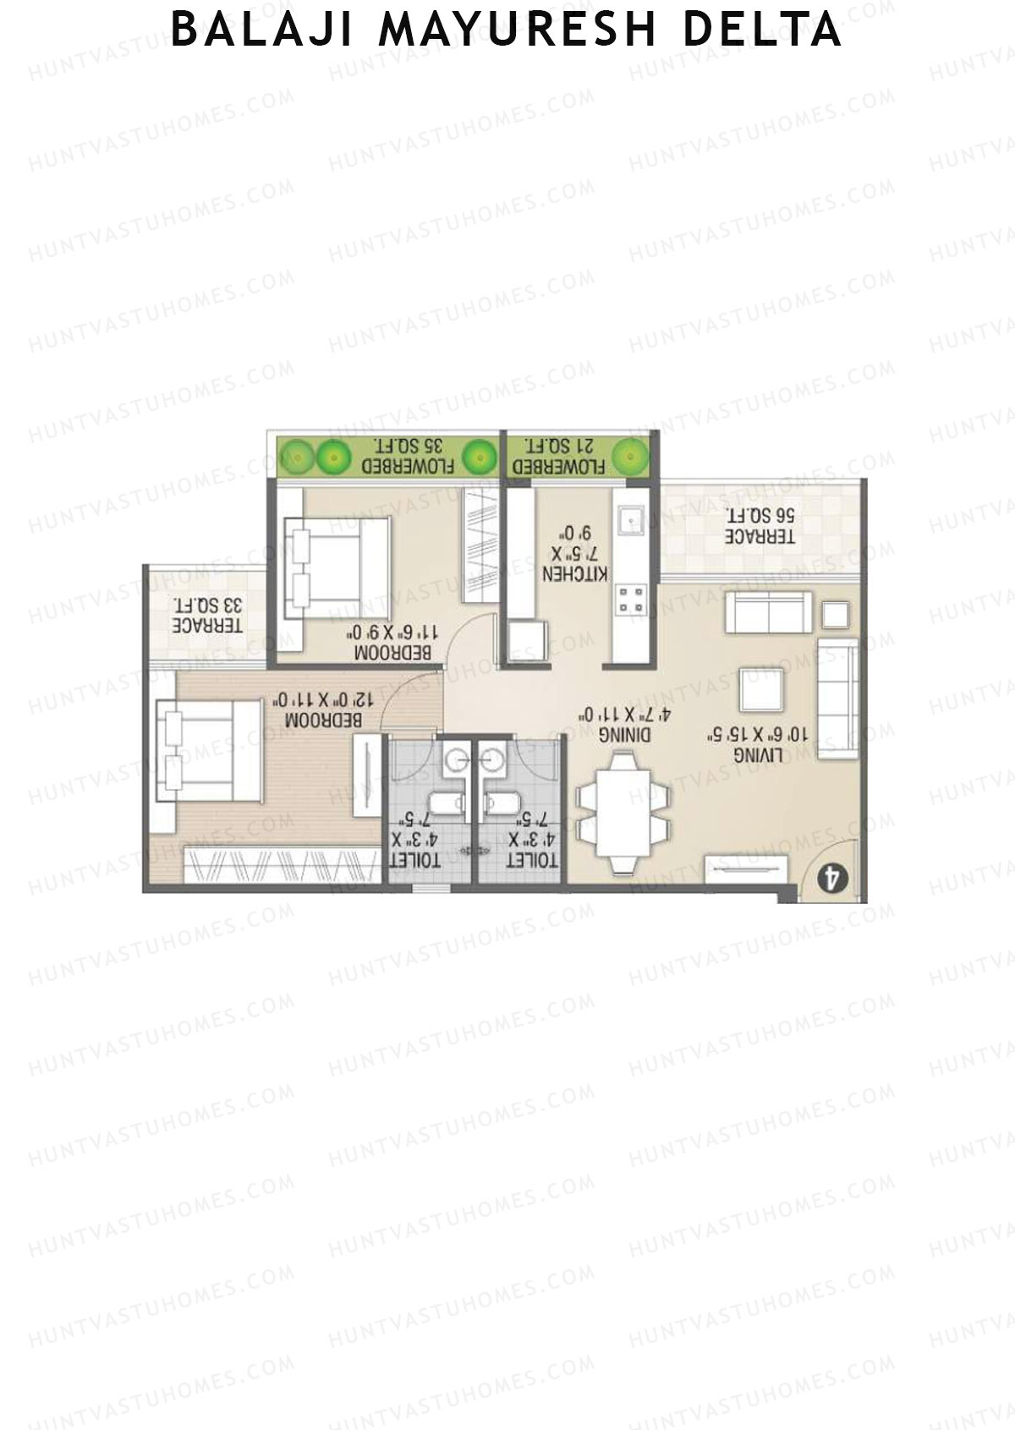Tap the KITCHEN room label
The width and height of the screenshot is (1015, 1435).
click(575, 573)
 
